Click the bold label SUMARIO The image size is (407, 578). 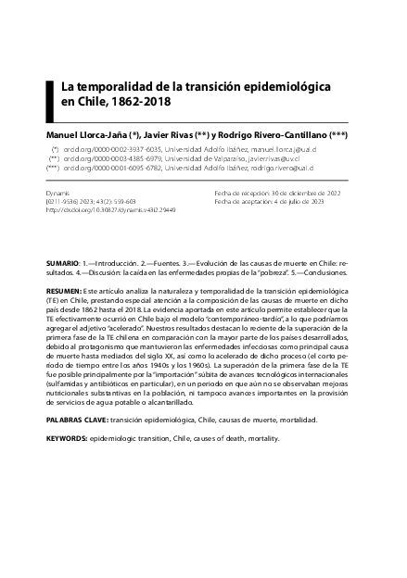(x=62, y=264)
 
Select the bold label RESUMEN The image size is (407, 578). (x=63, y=290)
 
